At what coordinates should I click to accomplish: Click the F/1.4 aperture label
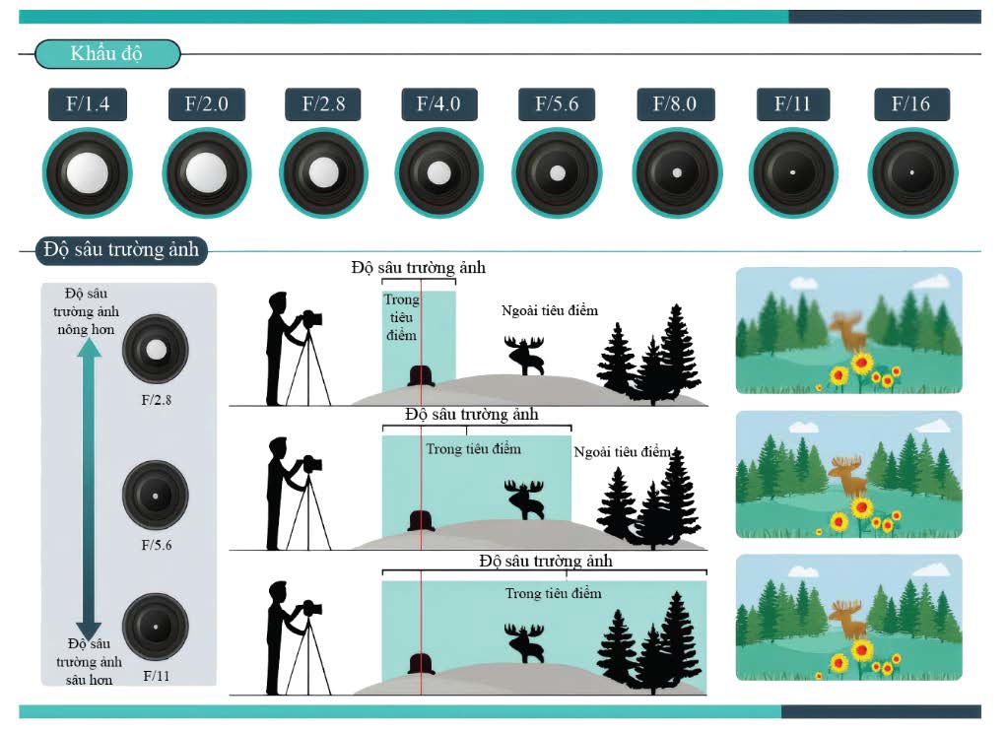[88, 103]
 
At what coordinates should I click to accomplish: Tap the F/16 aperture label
[911, 103]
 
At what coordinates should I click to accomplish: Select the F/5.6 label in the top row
[557, 103]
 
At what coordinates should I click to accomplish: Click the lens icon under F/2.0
[207, 172]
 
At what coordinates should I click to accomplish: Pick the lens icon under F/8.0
[677, 172]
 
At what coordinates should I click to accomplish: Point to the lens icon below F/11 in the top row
[793, 172]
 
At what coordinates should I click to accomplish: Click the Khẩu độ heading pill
[107, 54]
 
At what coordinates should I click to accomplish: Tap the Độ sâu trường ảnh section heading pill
[121, 249]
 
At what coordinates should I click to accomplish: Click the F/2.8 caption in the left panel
[157, 400]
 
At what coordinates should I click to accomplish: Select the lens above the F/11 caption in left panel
[156, 627]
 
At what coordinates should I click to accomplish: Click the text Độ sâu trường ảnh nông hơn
[86, 311]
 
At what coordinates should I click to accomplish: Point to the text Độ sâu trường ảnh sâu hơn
[89, 661]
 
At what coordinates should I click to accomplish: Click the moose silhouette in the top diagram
[525, 356]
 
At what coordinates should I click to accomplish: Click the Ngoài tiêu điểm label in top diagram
[549, 310]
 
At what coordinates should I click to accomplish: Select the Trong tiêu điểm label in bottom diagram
[553, 593]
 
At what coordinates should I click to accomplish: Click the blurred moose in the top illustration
[848, 329]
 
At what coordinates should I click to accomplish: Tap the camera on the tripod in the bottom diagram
[311, 608]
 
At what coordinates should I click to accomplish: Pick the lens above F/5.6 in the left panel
[156, 495]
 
